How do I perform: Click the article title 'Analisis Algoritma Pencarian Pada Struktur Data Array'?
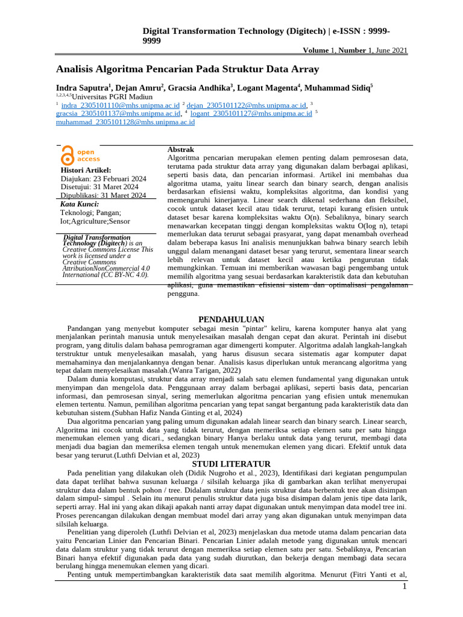tap(187, 69)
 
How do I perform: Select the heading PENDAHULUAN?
tap(231, 319)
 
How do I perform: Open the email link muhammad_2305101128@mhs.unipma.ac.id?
tap(125, 122)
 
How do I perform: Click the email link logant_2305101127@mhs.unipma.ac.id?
tap(251, 113)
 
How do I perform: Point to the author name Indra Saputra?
tap(81, 87)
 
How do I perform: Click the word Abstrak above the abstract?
tap(180, 149)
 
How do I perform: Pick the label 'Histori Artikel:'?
tap(86, 171)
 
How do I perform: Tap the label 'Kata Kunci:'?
tap(80, 204)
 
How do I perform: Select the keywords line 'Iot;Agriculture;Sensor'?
tap(99, 221)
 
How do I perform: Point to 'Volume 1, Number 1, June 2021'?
tap(354, 51)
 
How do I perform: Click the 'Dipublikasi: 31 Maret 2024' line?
tap(103, 195)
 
